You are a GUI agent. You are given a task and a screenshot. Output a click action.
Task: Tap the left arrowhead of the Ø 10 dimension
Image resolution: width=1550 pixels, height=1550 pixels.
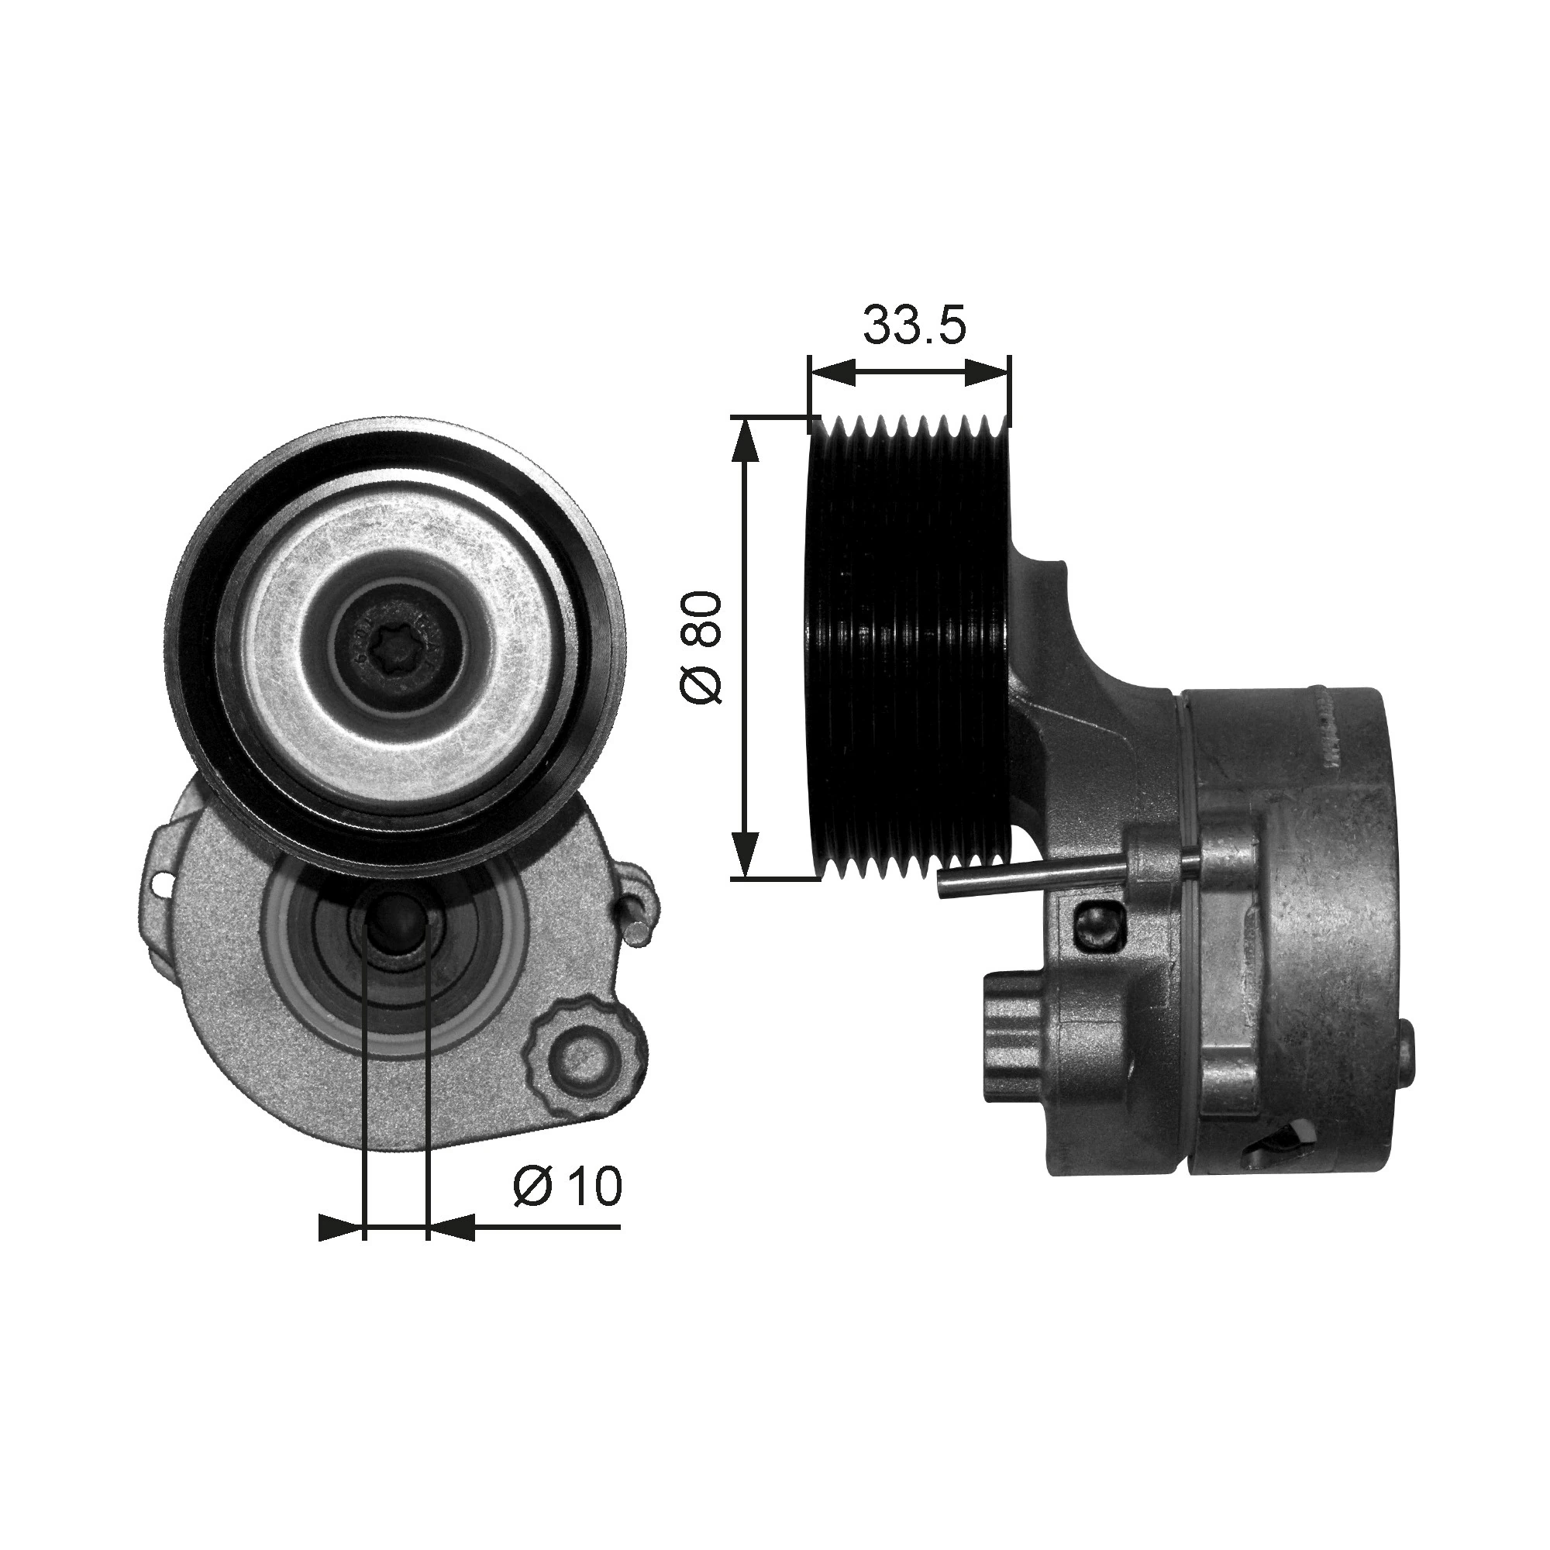pyautogui.click(x=339, y=1250)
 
